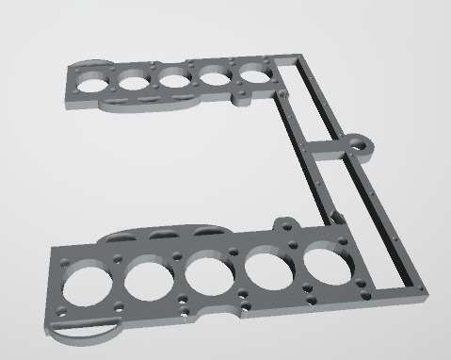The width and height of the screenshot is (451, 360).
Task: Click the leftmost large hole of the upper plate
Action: coord(95,81)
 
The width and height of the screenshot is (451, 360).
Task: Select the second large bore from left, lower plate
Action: coord(148,276)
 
